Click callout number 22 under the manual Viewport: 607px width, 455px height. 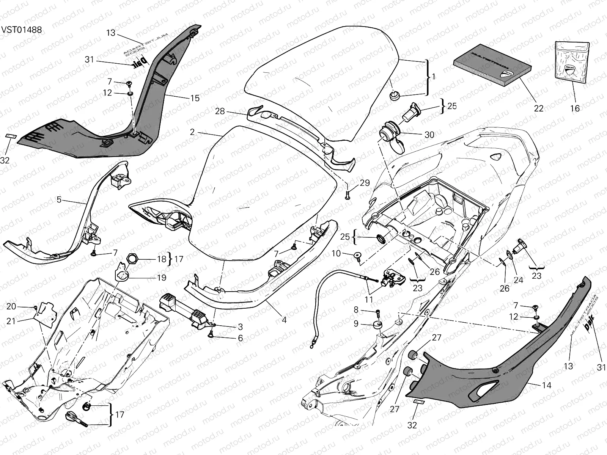(x=539, y=108)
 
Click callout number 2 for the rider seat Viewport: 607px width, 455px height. (x=192, y=132)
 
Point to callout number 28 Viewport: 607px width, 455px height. (x=220, y=111)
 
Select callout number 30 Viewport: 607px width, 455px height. (x=429, y=135)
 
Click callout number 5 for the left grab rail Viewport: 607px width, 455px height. (x=59, y=199)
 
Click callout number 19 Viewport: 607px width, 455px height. (x=162, y=278)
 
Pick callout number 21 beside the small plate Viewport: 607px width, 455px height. (x=11, y=321)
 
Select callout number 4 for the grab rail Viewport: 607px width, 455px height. (x=284, y=320)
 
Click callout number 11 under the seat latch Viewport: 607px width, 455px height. (x=368, y=300)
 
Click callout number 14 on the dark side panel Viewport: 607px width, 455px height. (x=547, y=385)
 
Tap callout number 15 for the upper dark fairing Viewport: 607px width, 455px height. (x=195, y=98)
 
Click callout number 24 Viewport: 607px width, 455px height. (x=518, y=280)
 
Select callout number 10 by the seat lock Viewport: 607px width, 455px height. (x=337, y=253)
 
